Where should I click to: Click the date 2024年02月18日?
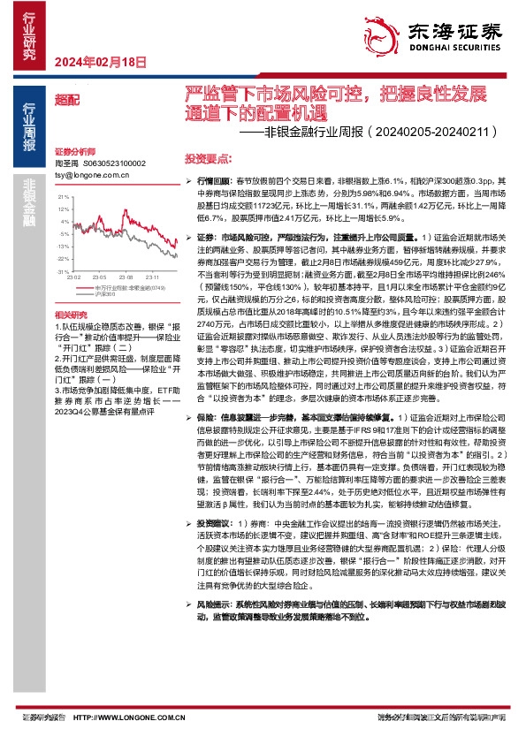pyautogui.click(x=100, y=62)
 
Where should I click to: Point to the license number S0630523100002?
pyautogui.click(x=113, y=163)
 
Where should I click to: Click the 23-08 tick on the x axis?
pyautogui.click(x=126, y=277)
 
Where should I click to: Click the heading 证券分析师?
pyautogui.click(x=75, y=152)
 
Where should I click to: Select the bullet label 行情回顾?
pyautogui.click(x=213, y=179)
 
